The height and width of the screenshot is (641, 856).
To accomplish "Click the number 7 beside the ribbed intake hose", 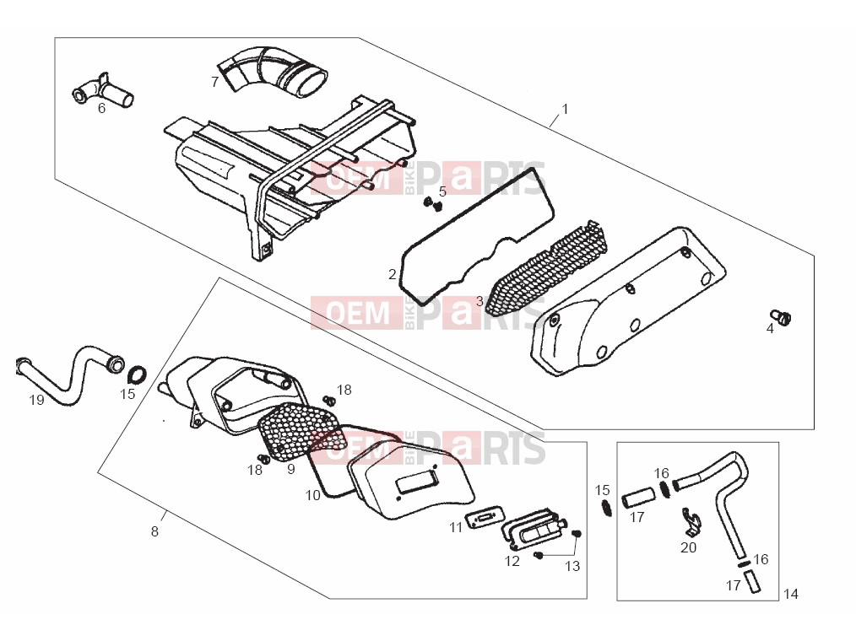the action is click(214, 82).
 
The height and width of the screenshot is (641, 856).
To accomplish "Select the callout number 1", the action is click(565, 109).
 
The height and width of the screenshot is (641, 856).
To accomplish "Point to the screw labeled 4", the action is click(781, 316).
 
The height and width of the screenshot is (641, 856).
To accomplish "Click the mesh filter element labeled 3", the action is click(547, 268).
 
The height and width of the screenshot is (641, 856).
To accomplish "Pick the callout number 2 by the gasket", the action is click(392, 274).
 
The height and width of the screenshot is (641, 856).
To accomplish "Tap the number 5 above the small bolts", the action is click(442, 191).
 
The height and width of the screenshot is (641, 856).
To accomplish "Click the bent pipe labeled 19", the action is click(69, 374).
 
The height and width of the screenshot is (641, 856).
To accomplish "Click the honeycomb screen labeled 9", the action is click(302, 430).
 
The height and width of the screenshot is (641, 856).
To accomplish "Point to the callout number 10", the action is click(313, 495).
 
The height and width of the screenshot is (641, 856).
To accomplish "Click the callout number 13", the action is click(572, 566).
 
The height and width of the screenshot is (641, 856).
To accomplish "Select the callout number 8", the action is click(154, 531).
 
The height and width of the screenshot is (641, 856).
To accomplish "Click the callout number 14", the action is click(790, 594).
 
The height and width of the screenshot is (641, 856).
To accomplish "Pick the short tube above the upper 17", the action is click(638, 498).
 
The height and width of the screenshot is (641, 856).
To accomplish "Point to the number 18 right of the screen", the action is click(344, 390).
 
